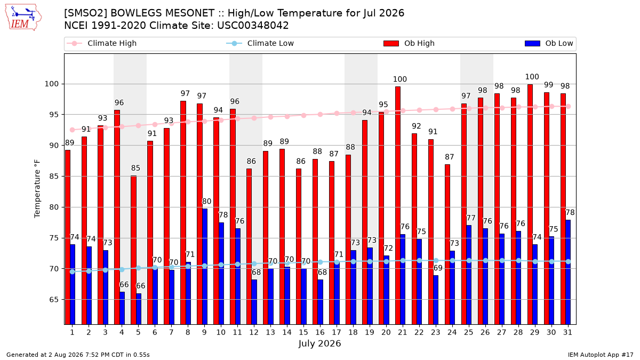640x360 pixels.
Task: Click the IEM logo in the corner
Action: pyautogui.click(x=23, y=17)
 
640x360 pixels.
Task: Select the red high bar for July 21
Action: pyautogui.click(x=398, y=205)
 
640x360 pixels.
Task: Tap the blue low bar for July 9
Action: pyautogui.click(x=205, y=267)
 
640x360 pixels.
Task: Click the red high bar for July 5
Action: pyautogui.click(x=133, y=250)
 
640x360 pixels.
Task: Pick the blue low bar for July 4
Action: pyautogui.click(x=122, y=308)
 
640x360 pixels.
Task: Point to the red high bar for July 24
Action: pyautogui.click(x=447, y=245)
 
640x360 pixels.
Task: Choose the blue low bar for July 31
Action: pyautogui.click(x=568, y=273)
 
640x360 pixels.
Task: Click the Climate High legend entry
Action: pyautogui.click(x=102, y=43)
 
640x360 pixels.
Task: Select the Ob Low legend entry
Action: pyautogui.click(x=549, y=43)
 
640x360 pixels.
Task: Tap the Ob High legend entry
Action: pyautogui.click(x=409, y=43)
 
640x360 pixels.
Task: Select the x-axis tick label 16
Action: pyautogui.click(x=320, y=332)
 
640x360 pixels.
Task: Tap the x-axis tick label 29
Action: pyautogui.click(x=534, y=332)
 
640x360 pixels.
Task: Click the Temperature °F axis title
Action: pyautogui.click(x=37, y=189)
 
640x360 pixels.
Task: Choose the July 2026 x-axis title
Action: pyautogui.click(x=319, y=343)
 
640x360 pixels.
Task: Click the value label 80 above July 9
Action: pyautogui.click(x=206, y=202)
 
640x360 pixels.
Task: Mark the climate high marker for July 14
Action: pyautogui.click(x=287, y=117)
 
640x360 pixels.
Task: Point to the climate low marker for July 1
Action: pyautogui.click(x=73, y=271)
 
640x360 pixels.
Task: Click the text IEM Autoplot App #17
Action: pyautogui.click(x=601, y=355)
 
